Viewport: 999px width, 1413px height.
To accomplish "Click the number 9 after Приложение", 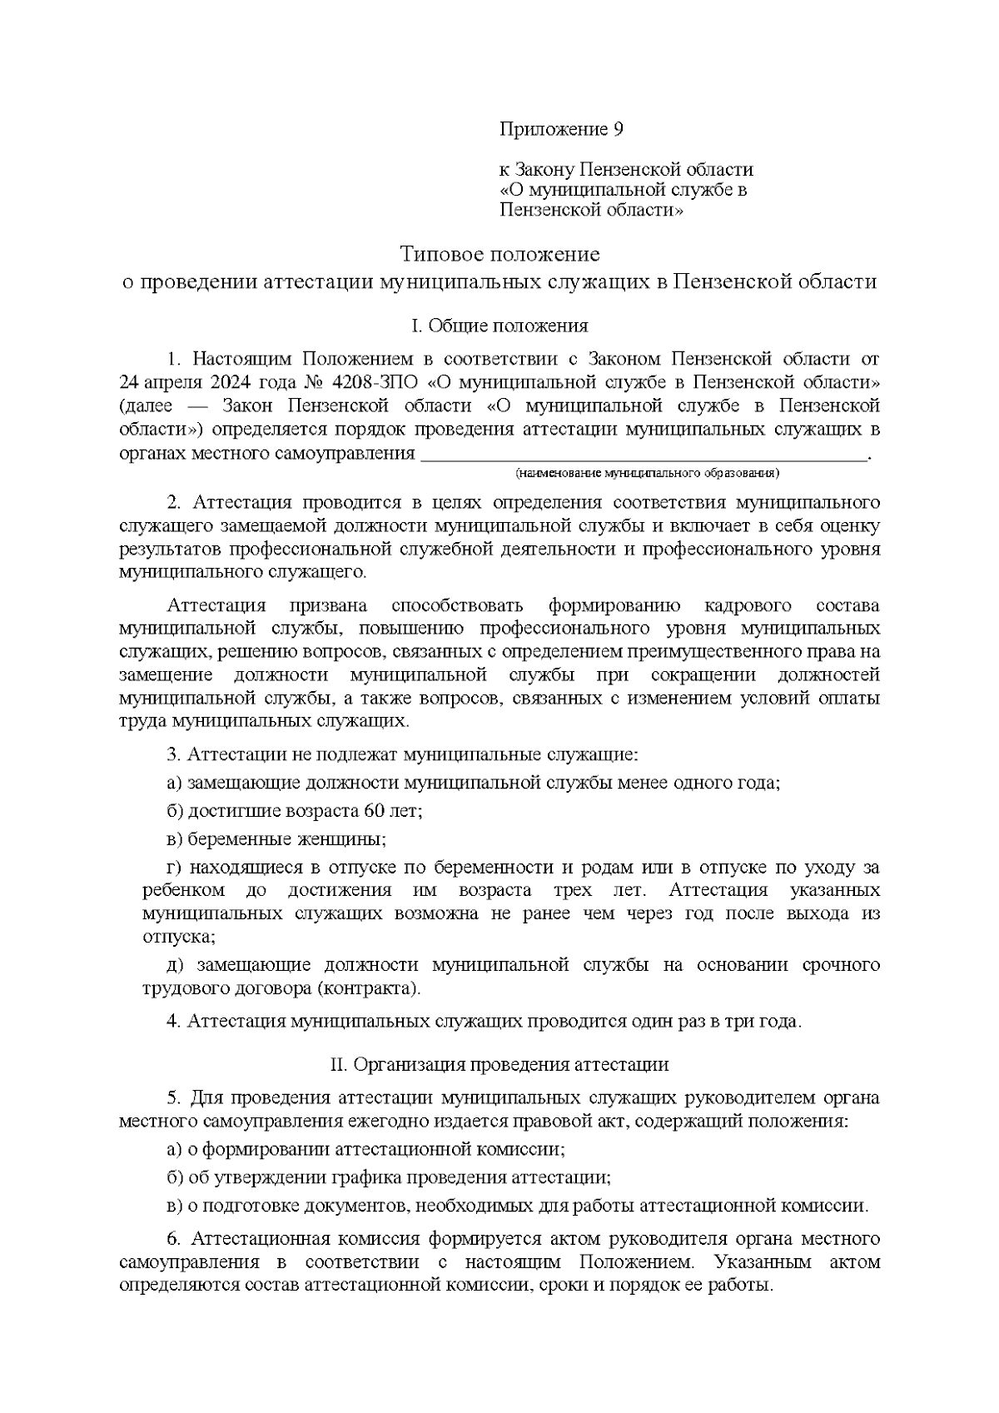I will pyautogui.click(x=617, y=130).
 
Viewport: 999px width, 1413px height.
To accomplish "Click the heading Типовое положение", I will pyautogui.click(x=499, y=252).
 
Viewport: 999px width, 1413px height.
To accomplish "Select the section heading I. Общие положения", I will pyautogui.click(x=499, y=326).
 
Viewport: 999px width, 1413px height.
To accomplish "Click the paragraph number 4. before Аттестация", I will pyautogui.click(x=173, y=1022).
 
